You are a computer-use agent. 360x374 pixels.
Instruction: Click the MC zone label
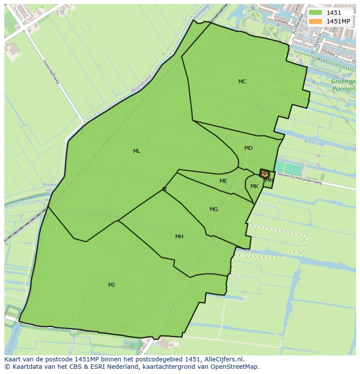[242, 82]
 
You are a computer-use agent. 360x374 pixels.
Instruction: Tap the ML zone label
[137, 151]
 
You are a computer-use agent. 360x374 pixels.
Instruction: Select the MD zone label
[248, 148]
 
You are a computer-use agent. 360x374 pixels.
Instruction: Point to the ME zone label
[223, 181]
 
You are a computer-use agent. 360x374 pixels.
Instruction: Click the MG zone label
[213, 209]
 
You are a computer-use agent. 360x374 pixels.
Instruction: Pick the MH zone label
[179, 237]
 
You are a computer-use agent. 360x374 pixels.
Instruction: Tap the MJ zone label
[111, 285]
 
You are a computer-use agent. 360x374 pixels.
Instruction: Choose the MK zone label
[254, 186]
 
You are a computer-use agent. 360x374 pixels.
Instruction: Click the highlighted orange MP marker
[264, 174]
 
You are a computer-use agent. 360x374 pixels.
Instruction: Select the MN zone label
[270, 180]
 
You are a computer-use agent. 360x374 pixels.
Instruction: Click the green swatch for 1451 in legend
[316, 13]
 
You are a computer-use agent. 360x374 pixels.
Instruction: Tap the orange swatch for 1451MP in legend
[316, 21]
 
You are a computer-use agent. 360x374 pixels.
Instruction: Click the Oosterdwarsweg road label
[51, 72]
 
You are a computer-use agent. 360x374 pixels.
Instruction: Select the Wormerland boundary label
[142, 83]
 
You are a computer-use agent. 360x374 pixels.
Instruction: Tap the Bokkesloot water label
[315, 142]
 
